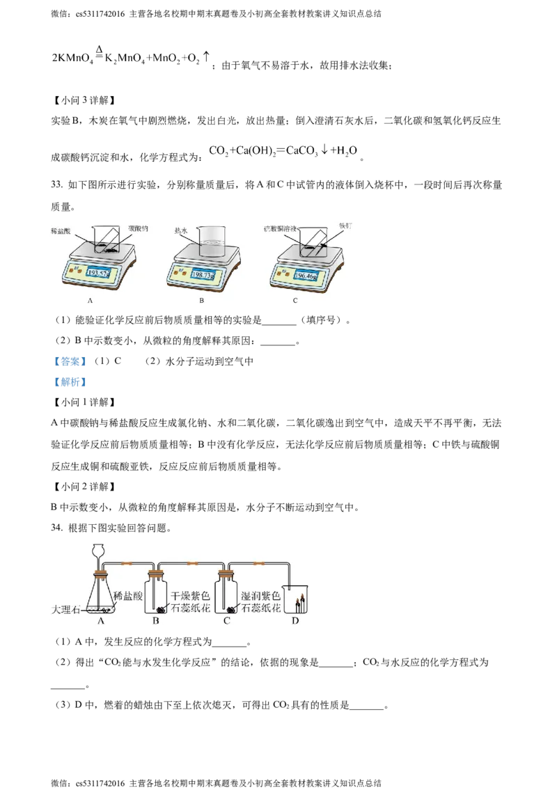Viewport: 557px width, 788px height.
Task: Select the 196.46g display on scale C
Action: [307, 276]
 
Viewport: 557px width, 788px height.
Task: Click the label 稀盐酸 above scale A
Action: [62, 230]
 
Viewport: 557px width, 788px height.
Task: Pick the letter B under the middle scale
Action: [202, 301]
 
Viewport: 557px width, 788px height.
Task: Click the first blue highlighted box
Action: [70, 361]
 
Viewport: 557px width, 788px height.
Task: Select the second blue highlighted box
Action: [70, 381]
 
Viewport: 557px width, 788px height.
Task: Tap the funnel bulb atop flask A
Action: [99, 551]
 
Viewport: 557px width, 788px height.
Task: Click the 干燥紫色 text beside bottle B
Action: [191, 597]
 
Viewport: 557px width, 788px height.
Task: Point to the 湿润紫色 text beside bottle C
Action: [260, 597]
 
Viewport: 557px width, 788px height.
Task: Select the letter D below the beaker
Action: [295, 621]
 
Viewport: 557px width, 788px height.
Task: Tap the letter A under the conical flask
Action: [101, 621]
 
